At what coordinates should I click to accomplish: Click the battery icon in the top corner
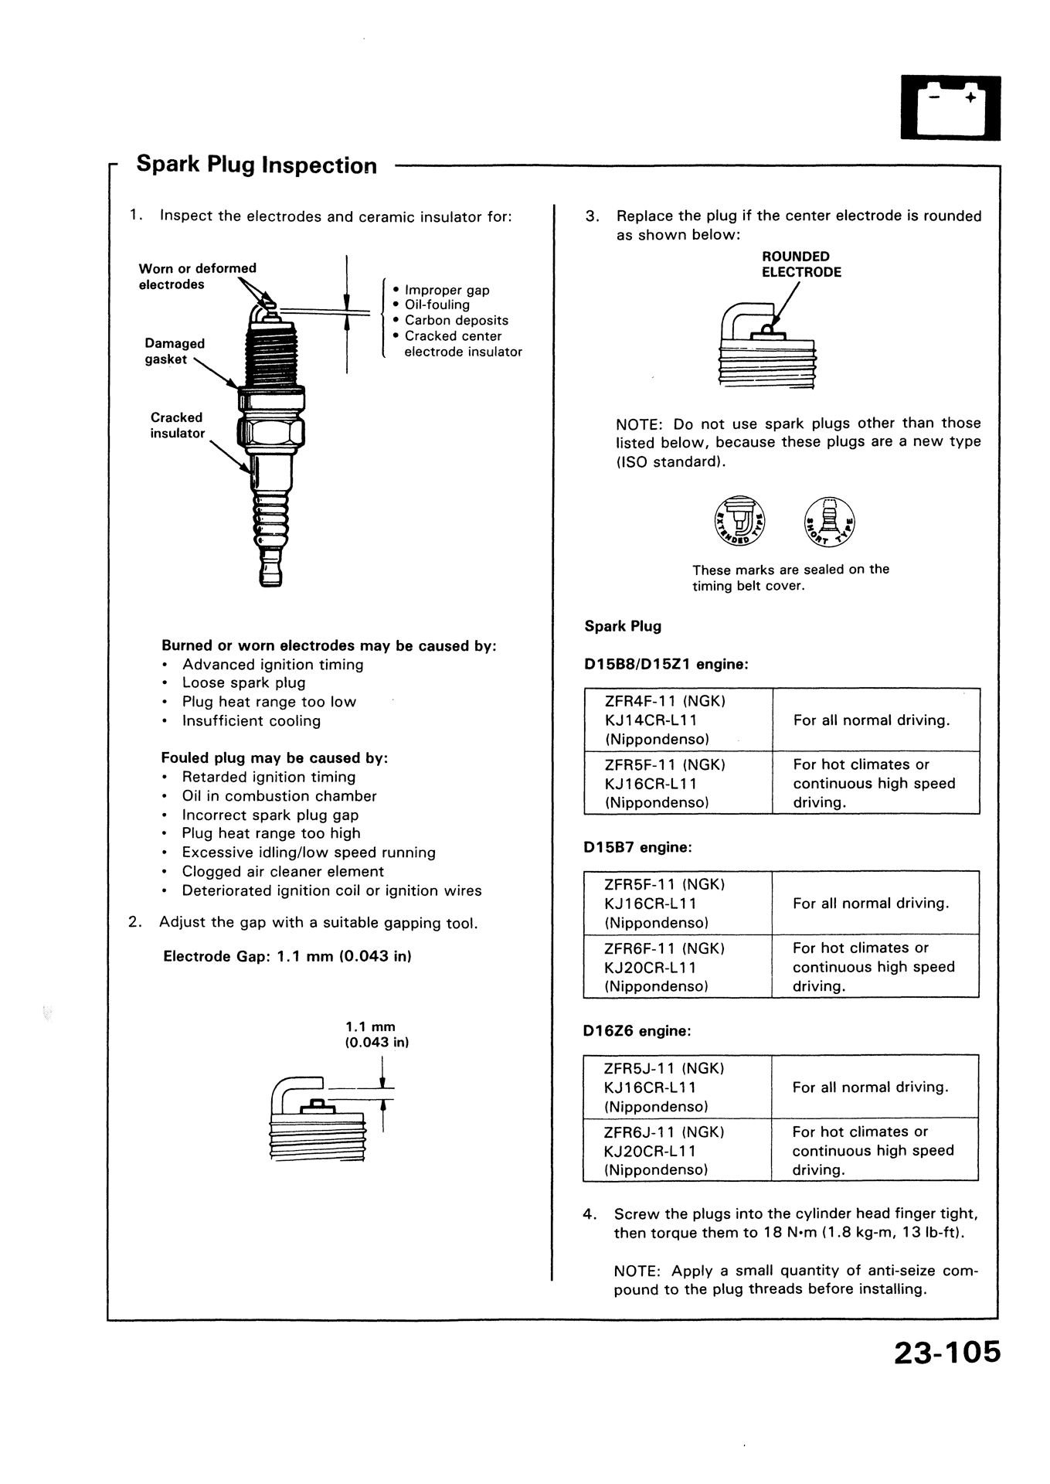(950, 107)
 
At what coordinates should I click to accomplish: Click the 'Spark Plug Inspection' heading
(257, 165)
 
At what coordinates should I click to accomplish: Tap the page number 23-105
(946, 1352)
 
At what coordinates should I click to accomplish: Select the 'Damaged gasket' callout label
(175, 351)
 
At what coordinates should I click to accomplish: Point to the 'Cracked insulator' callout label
(177, 425)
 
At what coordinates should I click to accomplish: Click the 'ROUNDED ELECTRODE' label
(801, 264)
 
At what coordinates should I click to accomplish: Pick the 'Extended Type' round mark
(739, 518)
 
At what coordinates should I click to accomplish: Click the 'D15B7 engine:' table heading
(637, 847)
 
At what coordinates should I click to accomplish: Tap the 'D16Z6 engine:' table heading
(637, 1031)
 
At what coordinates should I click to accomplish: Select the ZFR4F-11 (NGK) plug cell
(678, 720)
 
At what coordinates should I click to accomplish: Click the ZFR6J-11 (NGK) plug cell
(678, 1150)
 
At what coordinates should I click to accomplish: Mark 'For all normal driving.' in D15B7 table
(871, 903)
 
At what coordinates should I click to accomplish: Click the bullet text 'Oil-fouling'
(437, 305)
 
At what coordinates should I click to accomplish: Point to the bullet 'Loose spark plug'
(243, 682)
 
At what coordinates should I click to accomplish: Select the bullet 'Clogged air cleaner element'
(283, 871)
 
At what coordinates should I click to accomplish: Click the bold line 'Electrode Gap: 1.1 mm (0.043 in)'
(287, 956)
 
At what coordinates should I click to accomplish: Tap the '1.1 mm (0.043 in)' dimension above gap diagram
(375, 1034)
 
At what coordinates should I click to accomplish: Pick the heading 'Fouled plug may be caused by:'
(274, 757)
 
